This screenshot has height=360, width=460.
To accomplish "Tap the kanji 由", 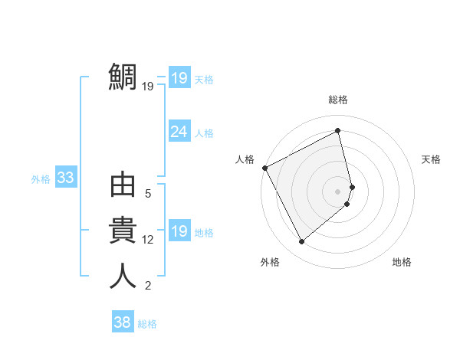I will point(123,187).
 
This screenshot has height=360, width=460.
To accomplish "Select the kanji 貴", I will point(123,231).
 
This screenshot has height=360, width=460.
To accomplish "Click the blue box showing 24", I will point(179,132).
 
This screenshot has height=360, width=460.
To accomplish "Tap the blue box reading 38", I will point(122,322).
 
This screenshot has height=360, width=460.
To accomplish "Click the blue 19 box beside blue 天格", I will point(179,77).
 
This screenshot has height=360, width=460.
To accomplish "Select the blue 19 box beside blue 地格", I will point(179,231).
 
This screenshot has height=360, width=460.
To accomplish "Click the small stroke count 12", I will point(148,240).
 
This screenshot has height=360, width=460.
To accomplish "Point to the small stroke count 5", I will point(148,195).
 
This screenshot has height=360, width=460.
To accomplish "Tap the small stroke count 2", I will point(148,286).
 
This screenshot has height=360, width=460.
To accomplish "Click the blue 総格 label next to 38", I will point(147,324).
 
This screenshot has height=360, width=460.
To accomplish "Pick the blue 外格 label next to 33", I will point(41,179).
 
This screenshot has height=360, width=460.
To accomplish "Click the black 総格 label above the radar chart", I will point(338,100).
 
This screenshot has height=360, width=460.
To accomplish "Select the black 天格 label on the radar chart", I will point(432,159).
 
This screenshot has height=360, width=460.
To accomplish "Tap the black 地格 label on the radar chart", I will point(402,262).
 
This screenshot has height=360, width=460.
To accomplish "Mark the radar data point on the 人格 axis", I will point(264,168).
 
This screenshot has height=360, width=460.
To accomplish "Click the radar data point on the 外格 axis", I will point(301,242).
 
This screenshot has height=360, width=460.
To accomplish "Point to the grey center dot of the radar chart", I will point(338,191).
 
